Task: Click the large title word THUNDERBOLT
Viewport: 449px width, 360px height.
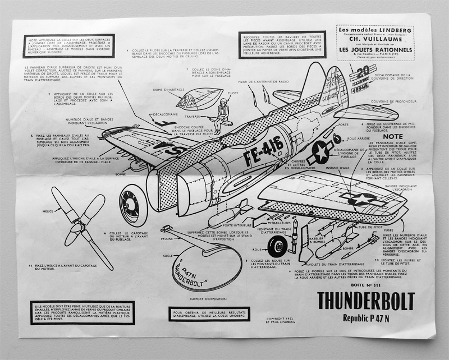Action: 365,301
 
